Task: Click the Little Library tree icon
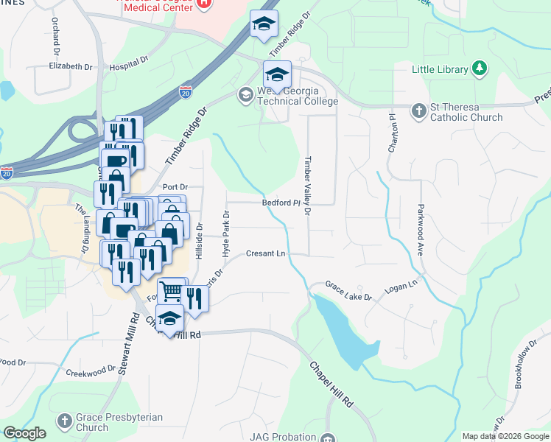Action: tap(480, 69)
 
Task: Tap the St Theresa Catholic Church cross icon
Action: tap(418, 110)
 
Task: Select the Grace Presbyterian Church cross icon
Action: tap(65, 421)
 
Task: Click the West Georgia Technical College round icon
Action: tap(245, 94)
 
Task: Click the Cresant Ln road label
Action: tap(265, 253)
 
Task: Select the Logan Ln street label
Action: tap(402, 283)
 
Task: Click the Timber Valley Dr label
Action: tap(308, 186)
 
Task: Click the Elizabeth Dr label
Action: tap(70, 66)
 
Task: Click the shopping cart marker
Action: tap(170, 291)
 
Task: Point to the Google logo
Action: tap(24, 433)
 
